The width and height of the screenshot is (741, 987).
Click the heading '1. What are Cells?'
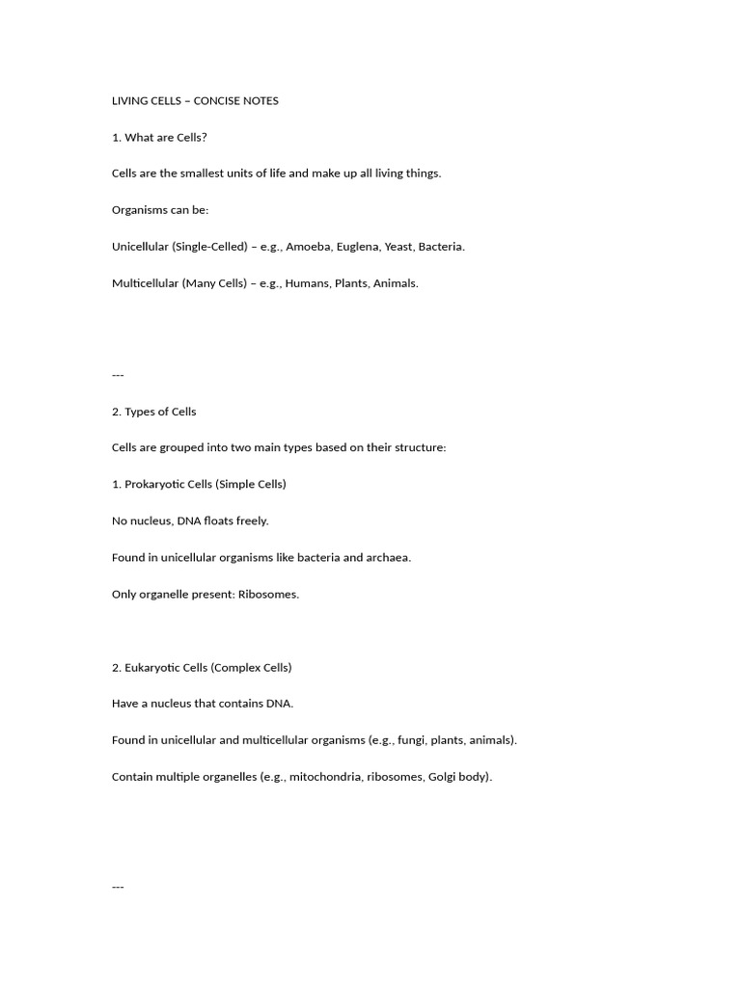[159, 137]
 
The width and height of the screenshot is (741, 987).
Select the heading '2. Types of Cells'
[154, 412]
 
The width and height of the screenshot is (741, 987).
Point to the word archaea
[387, 557]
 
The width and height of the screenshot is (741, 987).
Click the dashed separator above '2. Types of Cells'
[118, 375]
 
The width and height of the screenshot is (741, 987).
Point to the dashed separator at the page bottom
[118, 887]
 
